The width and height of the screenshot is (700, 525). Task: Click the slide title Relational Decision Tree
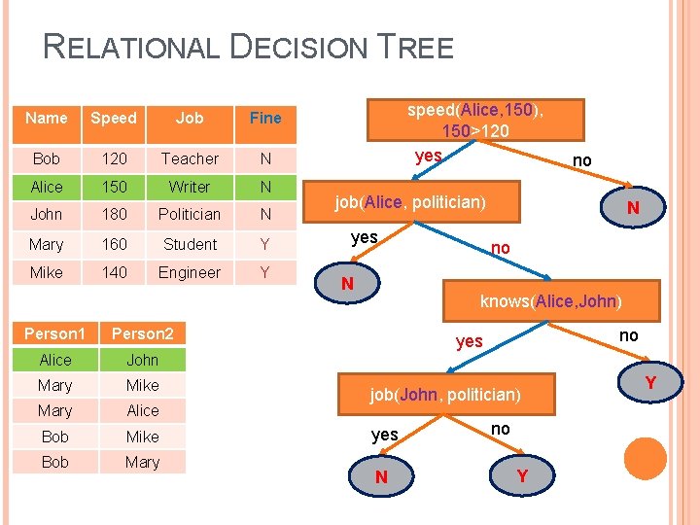249,47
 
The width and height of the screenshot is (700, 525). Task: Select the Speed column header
114,118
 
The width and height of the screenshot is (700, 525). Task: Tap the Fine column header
265,118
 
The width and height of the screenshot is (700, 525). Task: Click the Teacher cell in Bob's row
190,158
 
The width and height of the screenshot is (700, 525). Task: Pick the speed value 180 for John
114,214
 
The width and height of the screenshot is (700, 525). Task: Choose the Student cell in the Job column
190,244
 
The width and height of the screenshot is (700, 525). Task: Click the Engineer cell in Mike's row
190,272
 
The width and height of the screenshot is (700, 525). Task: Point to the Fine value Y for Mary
265,244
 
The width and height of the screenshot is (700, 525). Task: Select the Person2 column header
142,333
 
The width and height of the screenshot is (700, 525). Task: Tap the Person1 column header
55,333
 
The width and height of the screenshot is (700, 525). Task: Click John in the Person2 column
142,360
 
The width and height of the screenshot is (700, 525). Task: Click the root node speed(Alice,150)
475,120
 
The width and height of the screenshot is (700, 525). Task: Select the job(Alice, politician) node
410,202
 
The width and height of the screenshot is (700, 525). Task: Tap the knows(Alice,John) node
550,300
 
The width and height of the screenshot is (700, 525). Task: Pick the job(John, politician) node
445,395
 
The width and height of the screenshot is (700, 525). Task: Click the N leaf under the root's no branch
632,208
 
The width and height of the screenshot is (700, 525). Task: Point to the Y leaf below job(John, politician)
523,476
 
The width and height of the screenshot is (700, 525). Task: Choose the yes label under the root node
428,157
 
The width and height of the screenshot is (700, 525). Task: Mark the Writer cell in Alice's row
190,187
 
